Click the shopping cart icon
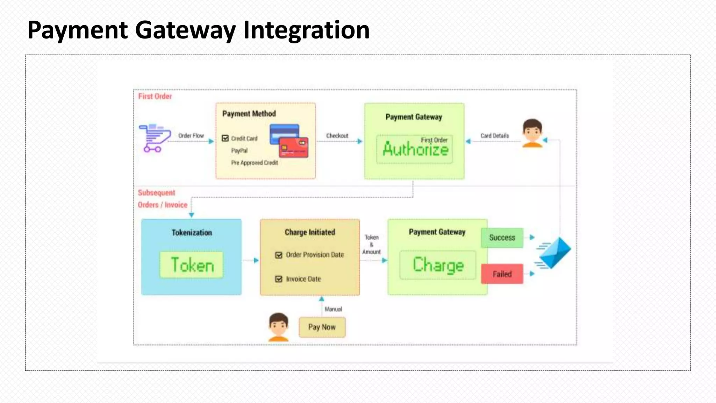[155, 138]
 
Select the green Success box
[502, 238]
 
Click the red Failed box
[502, 274]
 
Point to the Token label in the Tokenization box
[192, 265]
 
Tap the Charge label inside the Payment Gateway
[438, 265]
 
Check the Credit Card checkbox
[225, 138]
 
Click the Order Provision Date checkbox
[279, 255]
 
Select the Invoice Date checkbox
[279, 279]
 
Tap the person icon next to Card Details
[532, 133]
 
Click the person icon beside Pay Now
[279, 327]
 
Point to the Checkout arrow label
[337, 136]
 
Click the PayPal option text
[239, 151]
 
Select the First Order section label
[155, 96]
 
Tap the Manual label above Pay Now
[333, 309]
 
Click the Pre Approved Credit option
[255, 163]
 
